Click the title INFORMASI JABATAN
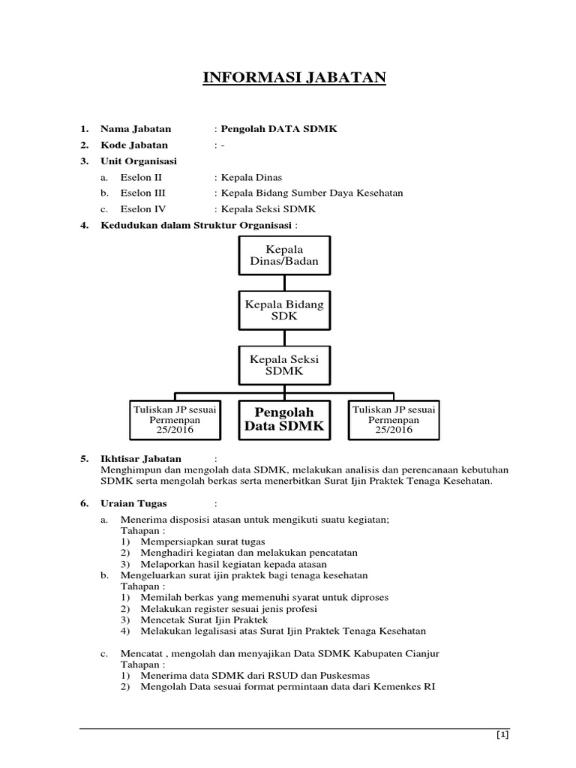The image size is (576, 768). (294, 77)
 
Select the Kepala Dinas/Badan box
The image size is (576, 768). (283, 255)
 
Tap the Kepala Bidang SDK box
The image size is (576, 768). (284, 310)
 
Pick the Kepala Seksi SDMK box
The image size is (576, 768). (284, 365)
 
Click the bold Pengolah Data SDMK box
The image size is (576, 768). (284, 419)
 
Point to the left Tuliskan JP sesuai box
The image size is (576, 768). (176, 419)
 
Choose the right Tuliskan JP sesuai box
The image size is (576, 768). (394, 419)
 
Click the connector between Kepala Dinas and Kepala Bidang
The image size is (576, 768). (284, 282)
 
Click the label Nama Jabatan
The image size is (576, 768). (136, 129)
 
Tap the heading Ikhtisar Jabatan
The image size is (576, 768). (141, 458)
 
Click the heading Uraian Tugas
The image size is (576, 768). (134, 503)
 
